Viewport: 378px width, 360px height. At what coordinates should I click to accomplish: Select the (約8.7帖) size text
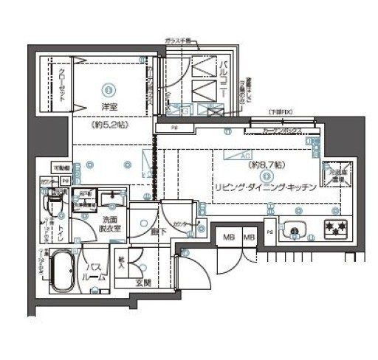[264, 176]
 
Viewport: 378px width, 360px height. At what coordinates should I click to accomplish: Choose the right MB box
[249, 238]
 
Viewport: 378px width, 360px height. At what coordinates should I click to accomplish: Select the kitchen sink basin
[294, 230]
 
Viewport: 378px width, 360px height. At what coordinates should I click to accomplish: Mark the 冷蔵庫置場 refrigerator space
[340, 174]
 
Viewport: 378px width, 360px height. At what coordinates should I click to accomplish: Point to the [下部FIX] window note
[281, 112]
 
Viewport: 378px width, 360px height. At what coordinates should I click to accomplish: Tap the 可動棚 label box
[61, 167]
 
